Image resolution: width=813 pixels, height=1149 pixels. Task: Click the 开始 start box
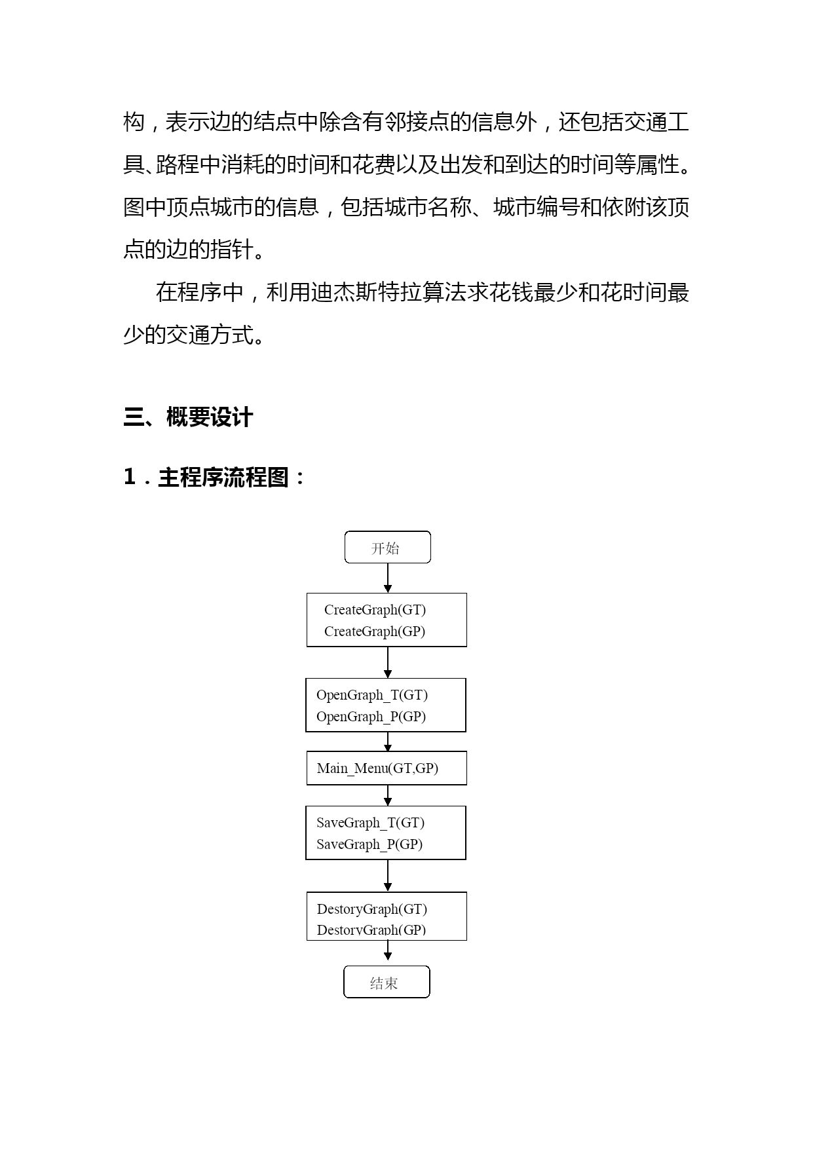click(387, 548)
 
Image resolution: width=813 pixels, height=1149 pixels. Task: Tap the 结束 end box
click(387, 982)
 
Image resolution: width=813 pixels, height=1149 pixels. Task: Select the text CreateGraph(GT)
click(375, 610)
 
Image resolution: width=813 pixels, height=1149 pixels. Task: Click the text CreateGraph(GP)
click(375, 631)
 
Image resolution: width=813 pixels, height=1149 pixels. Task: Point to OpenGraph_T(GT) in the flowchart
click(371, 695)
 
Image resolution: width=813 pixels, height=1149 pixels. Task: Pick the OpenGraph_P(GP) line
click(371, 717)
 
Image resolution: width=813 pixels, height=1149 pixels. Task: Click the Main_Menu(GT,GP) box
click(387, 768)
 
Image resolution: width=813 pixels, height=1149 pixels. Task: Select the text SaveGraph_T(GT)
click(370, 823)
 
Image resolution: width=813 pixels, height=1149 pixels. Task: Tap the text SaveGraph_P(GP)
click(369, 844)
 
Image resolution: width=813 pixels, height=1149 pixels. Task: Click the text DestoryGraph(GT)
click(371, 909)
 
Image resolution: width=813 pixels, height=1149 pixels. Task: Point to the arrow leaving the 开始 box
click(388, 578)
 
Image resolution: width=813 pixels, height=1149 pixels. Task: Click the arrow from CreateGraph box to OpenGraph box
click(388, 662)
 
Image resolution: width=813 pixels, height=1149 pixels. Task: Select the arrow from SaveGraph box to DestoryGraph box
click(388, 875)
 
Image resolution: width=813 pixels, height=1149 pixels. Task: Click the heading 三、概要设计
click(188, 417)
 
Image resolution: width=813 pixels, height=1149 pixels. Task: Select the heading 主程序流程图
click(223, 478)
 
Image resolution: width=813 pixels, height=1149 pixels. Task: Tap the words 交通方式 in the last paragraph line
click(210, 335)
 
